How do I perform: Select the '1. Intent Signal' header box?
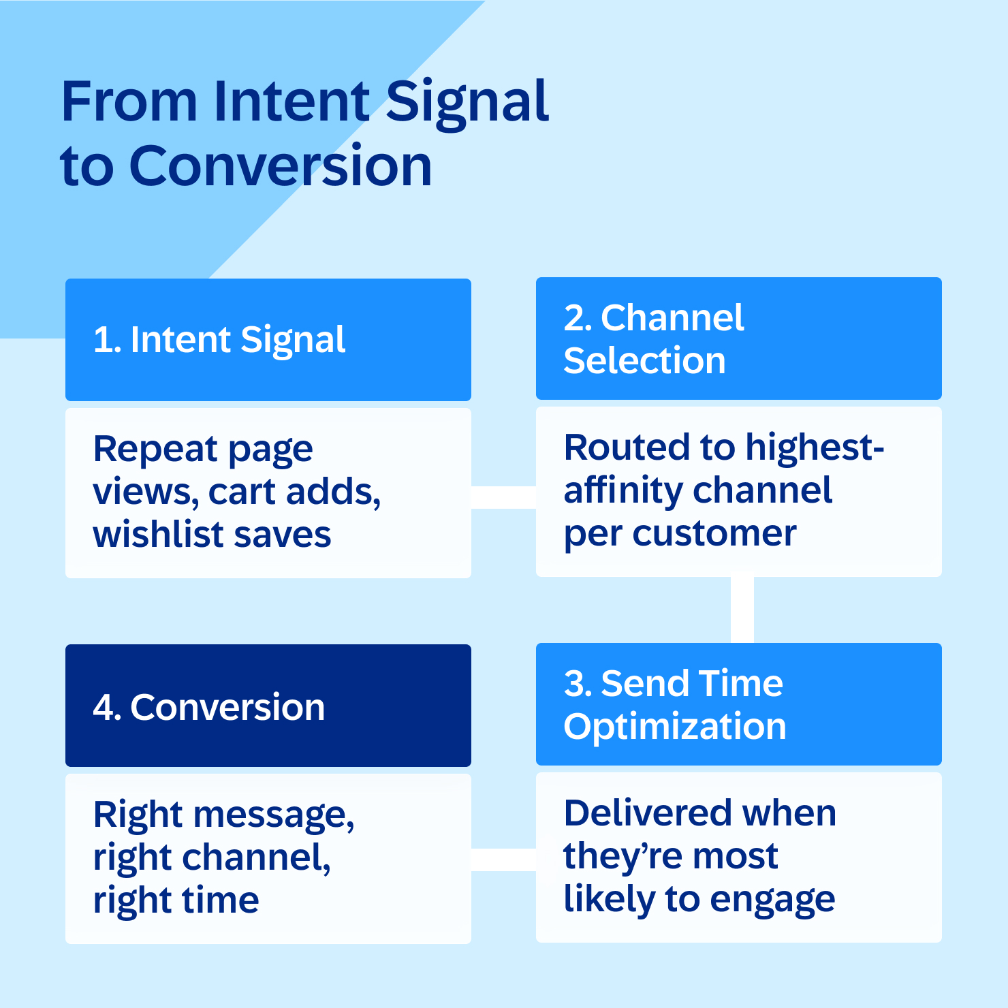268,339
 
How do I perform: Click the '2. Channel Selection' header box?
738,338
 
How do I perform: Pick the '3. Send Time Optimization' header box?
738,704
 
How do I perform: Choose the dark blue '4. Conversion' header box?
268,706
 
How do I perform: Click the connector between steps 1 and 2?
503,497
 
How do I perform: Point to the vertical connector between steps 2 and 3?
742,610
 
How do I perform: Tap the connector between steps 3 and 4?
503,860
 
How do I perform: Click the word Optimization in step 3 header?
674,727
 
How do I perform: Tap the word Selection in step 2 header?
644,360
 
